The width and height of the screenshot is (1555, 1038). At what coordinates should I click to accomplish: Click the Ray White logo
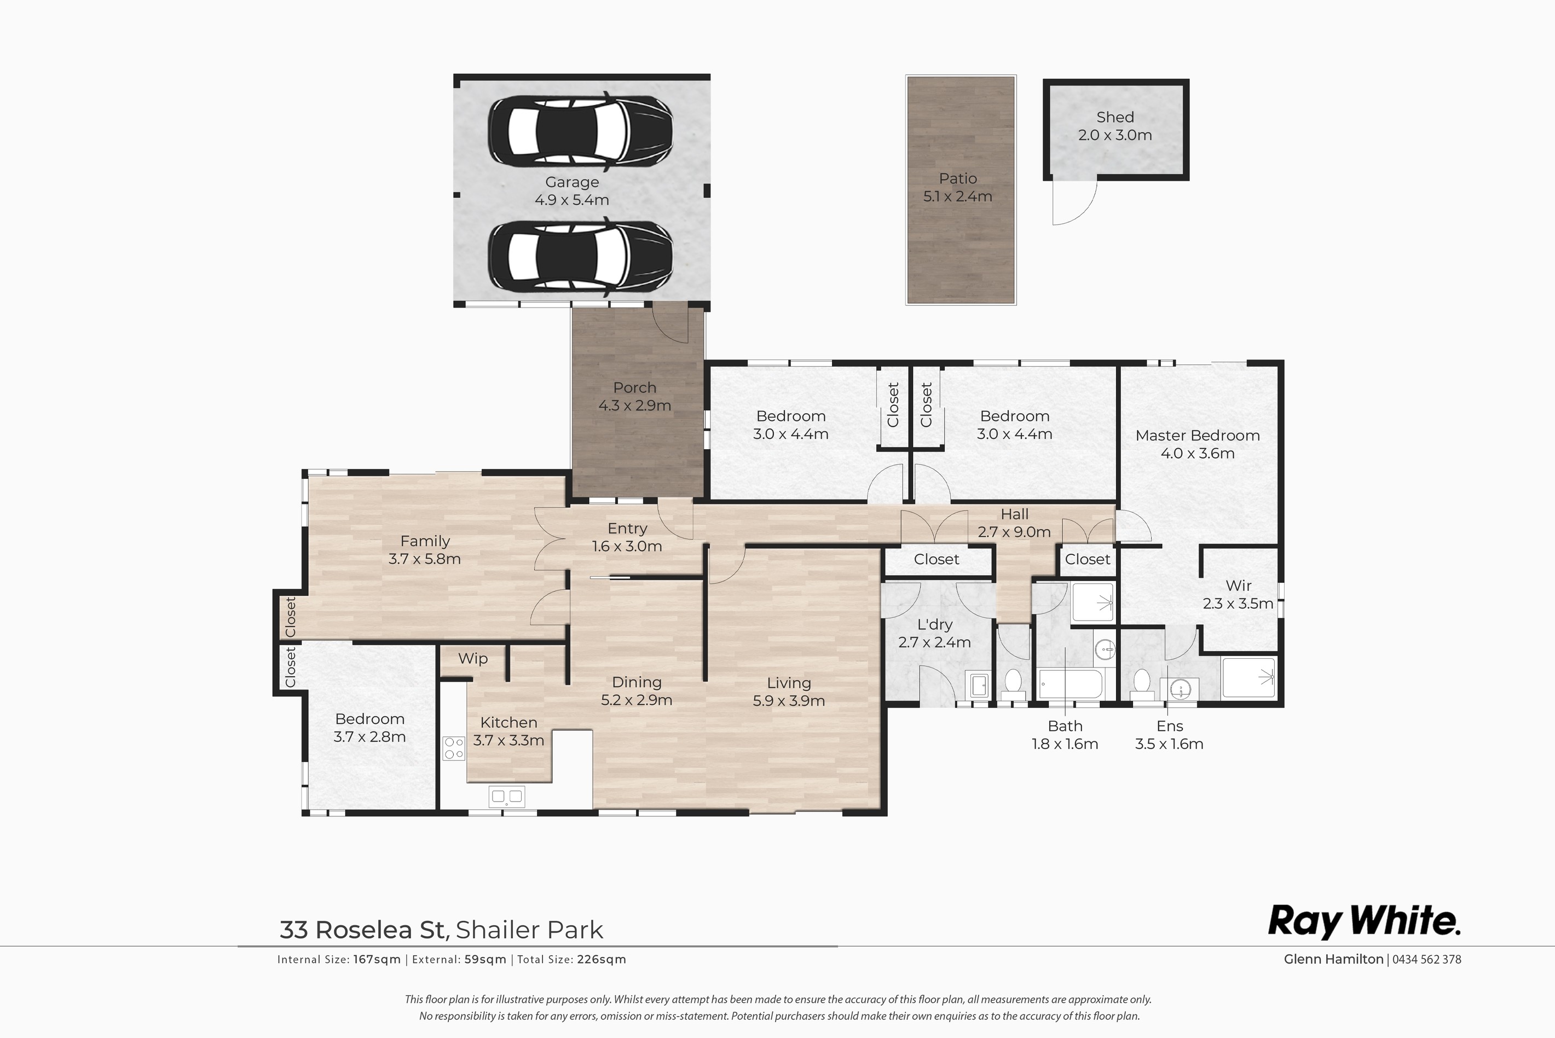(x=1363, y=921)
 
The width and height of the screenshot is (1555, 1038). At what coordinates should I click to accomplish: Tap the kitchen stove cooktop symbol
(x=453, y=748)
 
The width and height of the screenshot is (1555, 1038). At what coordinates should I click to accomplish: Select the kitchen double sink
(x=506, y=796)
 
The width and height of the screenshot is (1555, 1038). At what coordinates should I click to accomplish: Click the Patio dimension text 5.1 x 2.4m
(x=957, y=196)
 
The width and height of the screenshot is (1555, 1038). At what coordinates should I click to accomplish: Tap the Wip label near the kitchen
(x=473, y=659)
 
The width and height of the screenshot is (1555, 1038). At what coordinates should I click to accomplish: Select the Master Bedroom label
(x=1198, y=436)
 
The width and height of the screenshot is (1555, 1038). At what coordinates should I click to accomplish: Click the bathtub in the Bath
(x=1071, y=684)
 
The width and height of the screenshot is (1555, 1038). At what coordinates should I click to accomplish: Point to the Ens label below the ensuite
(x=1170, y=726)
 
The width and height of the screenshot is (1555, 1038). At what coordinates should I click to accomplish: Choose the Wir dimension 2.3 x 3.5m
(x=1238, y=604)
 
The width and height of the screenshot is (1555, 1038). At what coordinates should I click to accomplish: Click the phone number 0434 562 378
(x=1426, y=959)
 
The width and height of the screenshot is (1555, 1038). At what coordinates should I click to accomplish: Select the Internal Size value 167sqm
(x=377, y=960)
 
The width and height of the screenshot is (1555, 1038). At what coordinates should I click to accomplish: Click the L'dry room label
(x=935, y=625)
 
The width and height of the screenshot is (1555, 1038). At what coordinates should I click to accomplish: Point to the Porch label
(x=635, y=388)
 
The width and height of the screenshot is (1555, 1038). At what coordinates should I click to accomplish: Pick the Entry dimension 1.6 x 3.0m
(x=627, y=547)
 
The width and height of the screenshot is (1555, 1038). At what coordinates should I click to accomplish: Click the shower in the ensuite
(x=1248, y=677)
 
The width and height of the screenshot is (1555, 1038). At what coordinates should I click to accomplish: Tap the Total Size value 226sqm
(x=601, y=960)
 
